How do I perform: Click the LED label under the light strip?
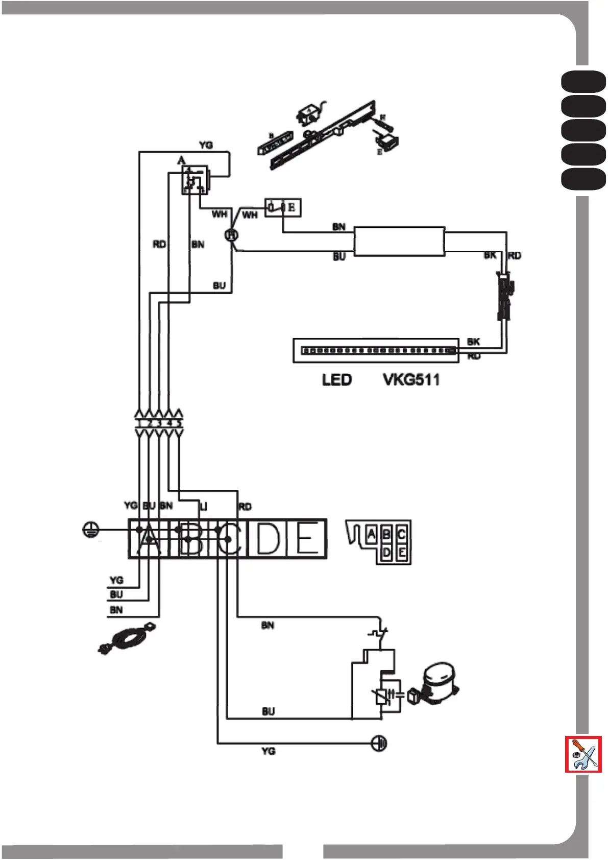pos(336,380)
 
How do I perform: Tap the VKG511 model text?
pos(411,380)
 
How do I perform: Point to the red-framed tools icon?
pos(583,754)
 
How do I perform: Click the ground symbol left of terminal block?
pos(90,530)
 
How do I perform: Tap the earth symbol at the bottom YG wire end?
pos(379,743)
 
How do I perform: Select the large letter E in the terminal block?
pos(307,538)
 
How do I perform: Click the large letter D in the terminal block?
pos(267,538)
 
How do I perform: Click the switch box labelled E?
pos(283,207)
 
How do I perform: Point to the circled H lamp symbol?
pos(231,235)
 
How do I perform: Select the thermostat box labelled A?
pos(194,180)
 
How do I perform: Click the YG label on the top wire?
pos(206,145)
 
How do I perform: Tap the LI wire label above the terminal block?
pos(203,506)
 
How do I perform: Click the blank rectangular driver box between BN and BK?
pos(399,241)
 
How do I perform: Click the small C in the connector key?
pos(402,535)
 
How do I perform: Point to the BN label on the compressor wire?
pos(267,626)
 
